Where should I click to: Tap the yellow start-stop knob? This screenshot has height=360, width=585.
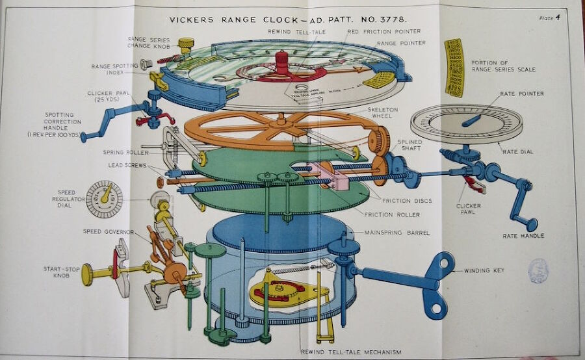point(87,274)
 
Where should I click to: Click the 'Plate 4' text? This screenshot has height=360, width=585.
point(550,18)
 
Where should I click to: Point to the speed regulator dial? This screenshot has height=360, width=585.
point(104,199)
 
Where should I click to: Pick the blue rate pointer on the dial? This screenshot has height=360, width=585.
point(473,120)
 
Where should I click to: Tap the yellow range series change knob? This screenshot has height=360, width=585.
point(186,45)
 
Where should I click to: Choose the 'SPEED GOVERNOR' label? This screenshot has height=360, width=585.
point(109,231)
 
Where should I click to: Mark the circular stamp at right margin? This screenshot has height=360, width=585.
point(538,270)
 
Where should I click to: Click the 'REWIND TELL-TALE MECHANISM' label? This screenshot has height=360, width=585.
point(351,352)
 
